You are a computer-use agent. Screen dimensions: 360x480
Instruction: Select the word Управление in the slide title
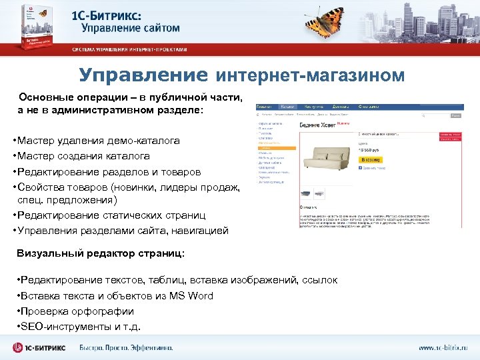point(143,74)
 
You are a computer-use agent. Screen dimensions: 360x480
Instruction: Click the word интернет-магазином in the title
point(310,75)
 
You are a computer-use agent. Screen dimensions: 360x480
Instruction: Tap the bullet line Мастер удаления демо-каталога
point(99,141)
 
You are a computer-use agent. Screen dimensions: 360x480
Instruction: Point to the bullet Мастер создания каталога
point(83,156)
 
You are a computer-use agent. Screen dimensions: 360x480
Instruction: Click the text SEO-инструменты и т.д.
point(82,326)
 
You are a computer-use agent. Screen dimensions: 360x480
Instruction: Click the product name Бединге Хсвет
point(317,125)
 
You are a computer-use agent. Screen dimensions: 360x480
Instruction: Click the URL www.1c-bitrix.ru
point(443,348)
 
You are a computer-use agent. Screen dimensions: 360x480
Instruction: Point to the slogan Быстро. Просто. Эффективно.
point(126,347)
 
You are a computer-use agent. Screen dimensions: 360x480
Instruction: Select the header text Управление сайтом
point(131,28)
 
